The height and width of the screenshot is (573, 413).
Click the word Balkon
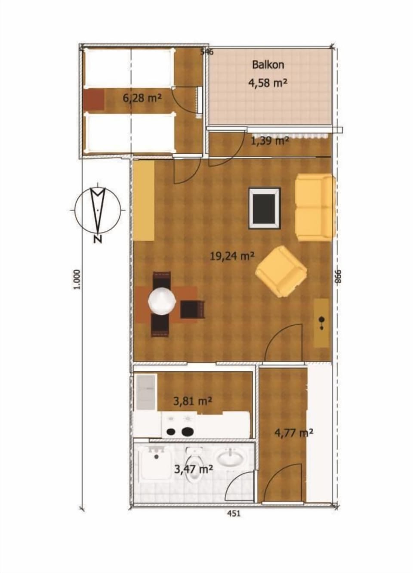point(268,65)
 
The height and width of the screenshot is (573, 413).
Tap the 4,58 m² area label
point(268,83)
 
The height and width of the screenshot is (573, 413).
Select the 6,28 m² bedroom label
point(142,98)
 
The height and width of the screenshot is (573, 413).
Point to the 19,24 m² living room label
point(232,256)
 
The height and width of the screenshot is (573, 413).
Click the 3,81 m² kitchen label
point(192,401)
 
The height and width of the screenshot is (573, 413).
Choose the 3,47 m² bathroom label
point(194,469)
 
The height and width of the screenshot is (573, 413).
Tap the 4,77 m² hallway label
point(293,432)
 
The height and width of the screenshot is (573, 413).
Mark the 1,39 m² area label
point(270,141)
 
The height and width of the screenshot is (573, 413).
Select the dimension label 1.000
point(77,280)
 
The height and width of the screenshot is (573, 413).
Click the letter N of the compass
point(98,239)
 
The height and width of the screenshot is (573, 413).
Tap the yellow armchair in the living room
point(281,271)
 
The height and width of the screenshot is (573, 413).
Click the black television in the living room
point(264,208)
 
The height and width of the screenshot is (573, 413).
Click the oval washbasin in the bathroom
point(229,458)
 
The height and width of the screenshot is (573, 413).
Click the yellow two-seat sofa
point(314,207)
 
